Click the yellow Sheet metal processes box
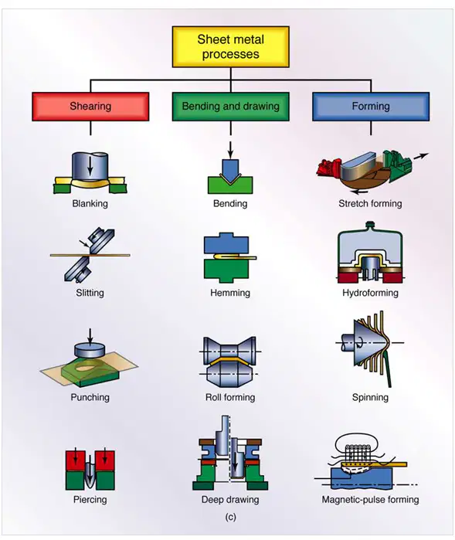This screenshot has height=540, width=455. click(x=230, y=47)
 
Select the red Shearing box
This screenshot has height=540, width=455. click(x=90, y=107)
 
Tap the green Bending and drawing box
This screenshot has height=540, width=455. click(x=230, y=107)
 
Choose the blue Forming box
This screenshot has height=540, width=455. click(x=371, y=107)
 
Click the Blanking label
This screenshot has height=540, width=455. click(x=90, y=203)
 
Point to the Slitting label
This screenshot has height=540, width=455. click(x=90, y=293)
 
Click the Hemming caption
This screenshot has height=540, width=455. click(x=230, y=293)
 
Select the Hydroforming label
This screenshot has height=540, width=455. click(x=370, y=293)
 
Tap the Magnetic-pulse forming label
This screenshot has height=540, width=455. click(x=370, y=499)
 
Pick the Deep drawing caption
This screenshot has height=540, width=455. click(x=230, y=499)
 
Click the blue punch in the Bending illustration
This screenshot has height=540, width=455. click(x=230, y=169)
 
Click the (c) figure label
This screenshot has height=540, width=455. click(x=230, y=517)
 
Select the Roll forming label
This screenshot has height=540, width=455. click(x=230, y=397)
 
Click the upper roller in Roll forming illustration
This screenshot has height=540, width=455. click(x=230, y=350)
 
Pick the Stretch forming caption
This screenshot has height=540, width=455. click(x=370, y=203)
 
